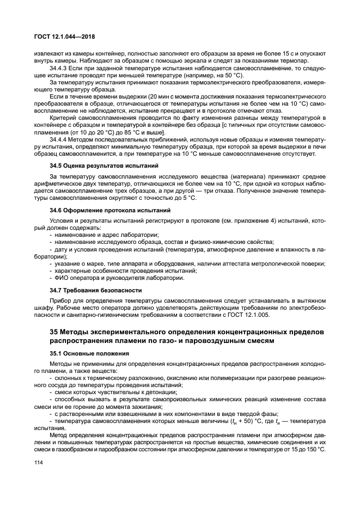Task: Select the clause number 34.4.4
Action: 60,140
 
